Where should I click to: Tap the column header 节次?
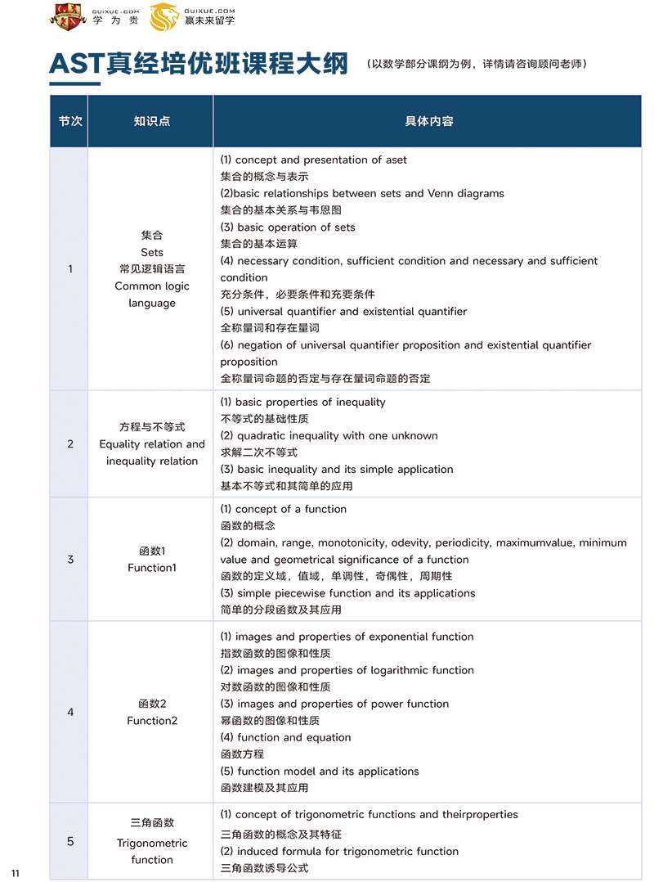click(69, 121)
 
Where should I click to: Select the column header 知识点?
click(151, 121)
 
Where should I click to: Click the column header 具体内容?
click(428, 121)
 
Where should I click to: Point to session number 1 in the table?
click(70, 269)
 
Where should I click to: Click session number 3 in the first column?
click(70, 560)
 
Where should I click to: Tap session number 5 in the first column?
click(70, 841)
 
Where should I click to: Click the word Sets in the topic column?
click(152, 252)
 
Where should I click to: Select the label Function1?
click(152, 568)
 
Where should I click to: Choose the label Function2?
click(152, 721)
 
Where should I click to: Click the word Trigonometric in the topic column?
click(152, 843)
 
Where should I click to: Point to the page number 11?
click(15, 872)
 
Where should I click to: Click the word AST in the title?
click(76, 64)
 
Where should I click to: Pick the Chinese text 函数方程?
click(242, 754)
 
